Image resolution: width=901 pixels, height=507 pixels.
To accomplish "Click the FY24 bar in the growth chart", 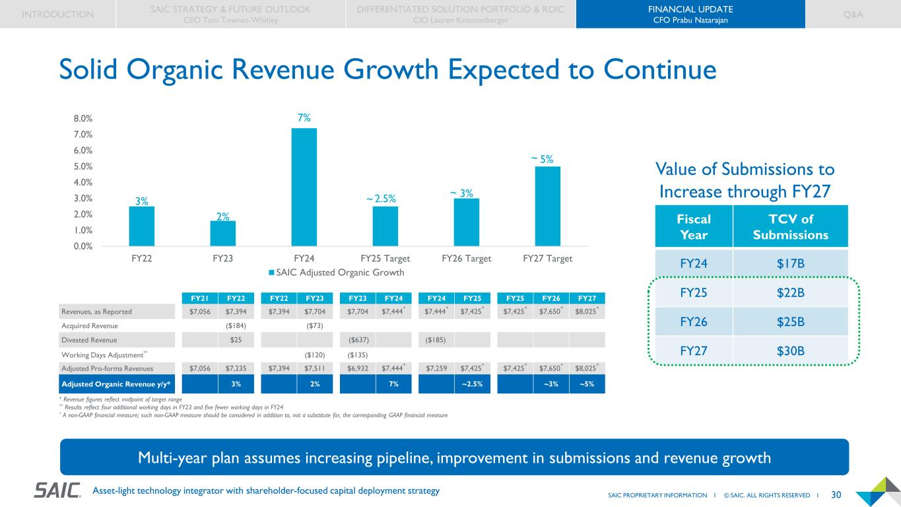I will pyautogui.click(x=304, y=187).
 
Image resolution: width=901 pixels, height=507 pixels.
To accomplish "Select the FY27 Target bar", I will pyautogui.click(x=547, y=206).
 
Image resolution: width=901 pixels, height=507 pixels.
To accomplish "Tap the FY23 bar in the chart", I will pyautogui.click(x=223, y=233).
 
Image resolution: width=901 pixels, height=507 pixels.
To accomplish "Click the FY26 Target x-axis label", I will pyautogui.click(x=466, y=259).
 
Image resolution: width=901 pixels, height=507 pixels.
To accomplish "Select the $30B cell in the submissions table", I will pyautogui.click(x=791, y=350).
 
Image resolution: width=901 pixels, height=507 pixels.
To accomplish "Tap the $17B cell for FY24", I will pyautogui.click(x=791, y=263).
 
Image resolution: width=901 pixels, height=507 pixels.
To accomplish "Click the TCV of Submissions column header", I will pyautogui.click(x=791, y=227).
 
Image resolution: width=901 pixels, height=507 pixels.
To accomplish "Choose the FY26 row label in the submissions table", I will pyautogui.click(x=694, y=321).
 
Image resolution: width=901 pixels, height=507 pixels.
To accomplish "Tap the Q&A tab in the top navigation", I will pyautogui.click(x=853, y=14).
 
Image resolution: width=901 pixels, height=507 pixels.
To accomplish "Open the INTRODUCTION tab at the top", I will pyautogui.click(x=57, y=14).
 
